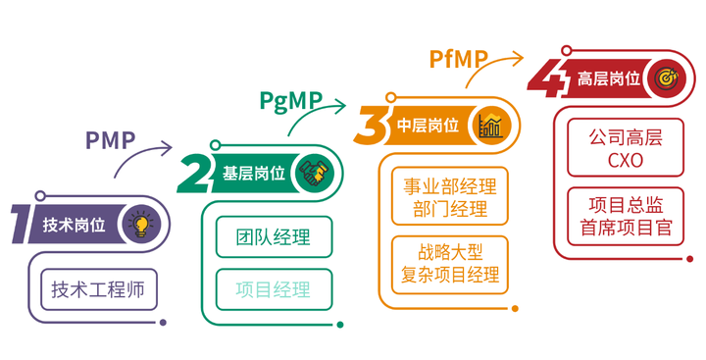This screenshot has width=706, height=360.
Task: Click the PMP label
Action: click(x=110, y=139)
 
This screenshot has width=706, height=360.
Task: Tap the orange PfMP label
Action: click(x=458, y=59)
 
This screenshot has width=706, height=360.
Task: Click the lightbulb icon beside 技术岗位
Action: click(x=141, y=224)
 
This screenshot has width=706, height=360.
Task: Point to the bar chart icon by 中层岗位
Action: click(x=491, y=125)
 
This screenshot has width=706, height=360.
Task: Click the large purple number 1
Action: click(x=20, y=224)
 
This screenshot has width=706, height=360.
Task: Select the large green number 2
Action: click(x=194, y=175)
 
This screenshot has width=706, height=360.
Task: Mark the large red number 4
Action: click(x=547, y=77)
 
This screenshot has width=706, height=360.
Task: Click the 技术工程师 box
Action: click(x=98, y=288)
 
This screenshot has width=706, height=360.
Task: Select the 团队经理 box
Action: click(x=274, y=237)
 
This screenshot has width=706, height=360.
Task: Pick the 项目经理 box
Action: click(x=274, y=288)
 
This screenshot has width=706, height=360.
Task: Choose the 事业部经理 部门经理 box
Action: click(x=451, y=196)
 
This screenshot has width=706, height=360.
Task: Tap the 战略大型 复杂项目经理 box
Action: click(x=451, y=260)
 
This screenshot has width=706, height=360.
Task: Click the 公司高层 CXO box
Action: click(x=625, y=148)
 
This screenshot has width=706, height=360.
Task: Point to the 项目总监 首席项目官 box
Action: click(x=625, y=217)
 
